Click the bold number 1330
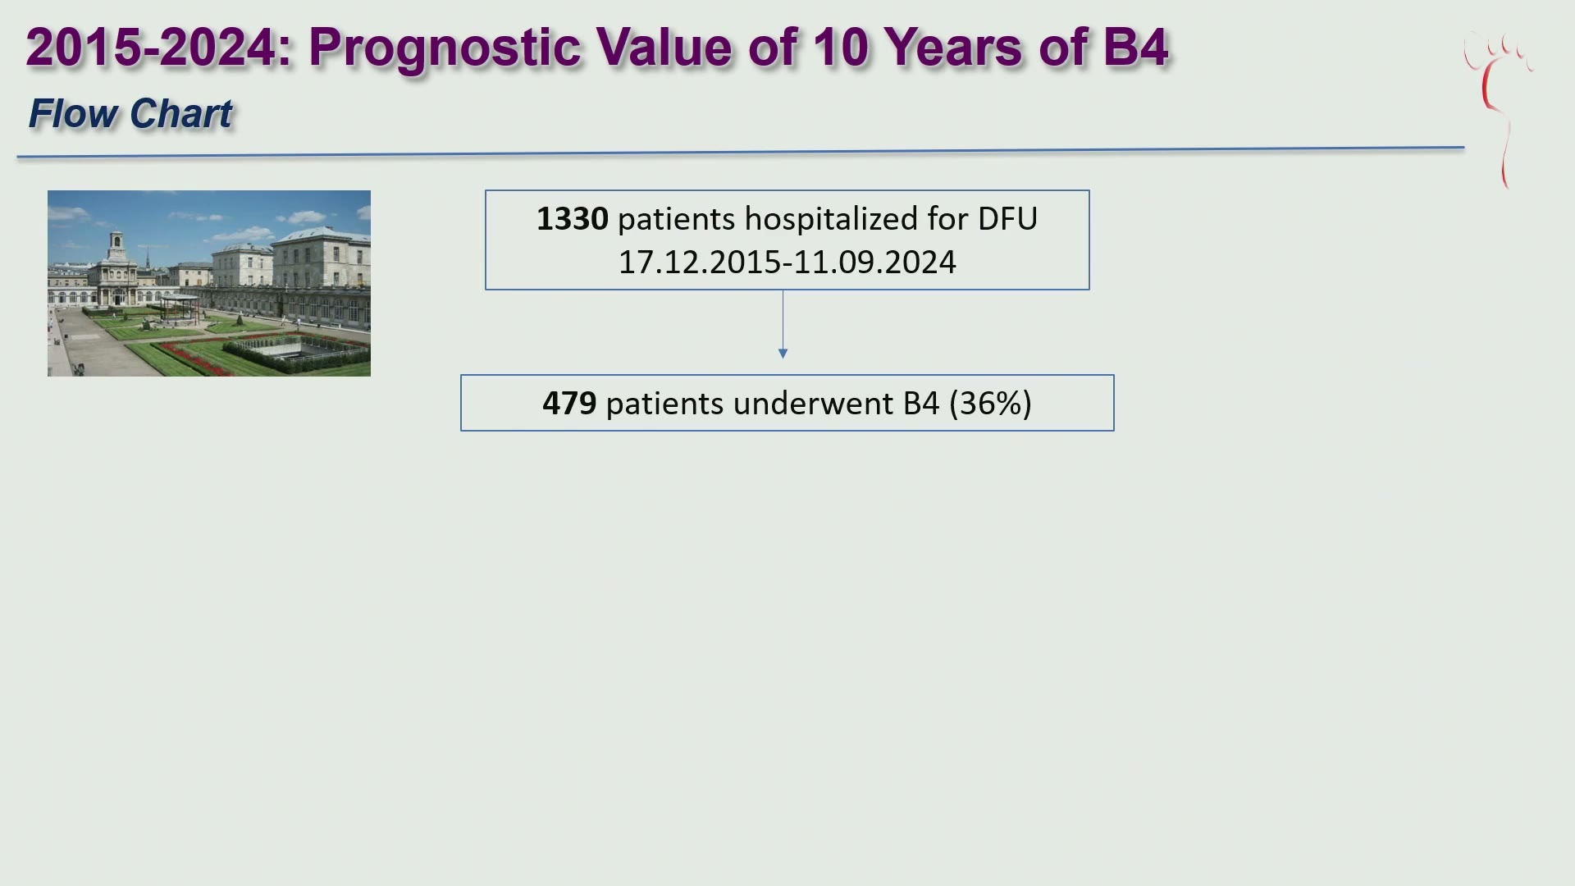coord(572,219)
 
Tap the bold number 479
coord(569,404)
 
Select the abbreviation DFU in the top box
coord(1007,219)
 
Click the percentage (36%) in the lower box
coord(990,404)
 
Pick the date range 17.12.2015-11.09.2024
coord(787,263)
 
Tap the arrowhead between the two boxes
coord(783,354)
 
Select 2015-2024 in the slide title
coord(151,47)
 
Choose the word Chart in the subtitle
coord(181,113)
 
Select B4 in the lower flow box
coord(921,404)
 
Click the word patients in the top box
coord(676,220)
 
